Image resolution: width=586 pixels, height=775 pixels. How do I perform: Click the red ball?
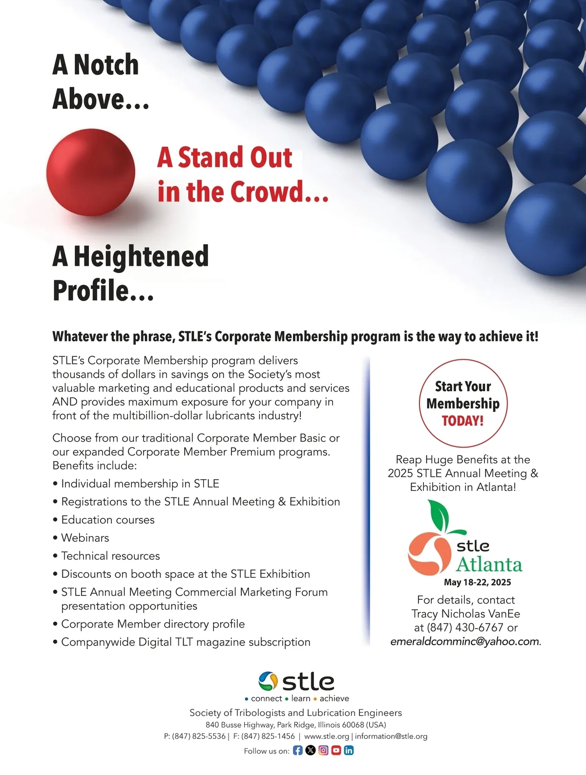pos(91,172)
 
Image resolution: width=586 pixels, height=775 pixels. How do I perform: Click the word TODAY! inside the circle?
pos(462,421)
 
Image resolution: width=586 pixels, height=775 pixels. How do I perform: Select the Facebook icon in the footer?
pos(297,750)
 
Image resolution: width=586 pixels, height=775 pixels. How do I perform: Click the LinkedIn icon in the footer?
pos(349,750)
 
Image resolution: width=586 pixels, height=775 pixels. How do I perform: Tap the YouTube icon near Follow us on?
pos(336,750)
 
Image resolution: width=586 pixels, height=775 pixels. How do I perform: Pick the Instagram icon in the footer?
pos(323,750)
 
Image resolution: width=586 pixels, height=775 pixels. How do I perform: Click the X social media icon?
pos(310,750)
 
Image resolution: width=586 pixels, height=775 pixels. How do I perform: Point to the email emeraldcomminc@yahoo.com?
pos(464,641)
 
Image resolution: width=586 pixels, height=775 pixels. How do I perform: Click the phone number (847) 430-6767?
pos(465,628)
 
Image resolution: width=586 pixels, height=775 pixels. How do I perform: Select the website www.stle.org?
pos(326,736)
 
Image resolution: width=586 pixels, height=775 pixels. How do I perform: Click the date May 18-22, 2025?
pos(477,582)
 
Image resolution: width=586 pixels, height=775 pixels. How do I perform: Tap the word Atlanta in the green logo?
pos(489,565)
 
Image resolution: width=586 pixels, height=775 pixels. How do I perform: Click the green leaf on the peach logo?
pos(439,516)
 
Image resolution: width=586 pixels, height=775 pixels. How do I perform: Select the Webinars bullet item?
pos(85,538)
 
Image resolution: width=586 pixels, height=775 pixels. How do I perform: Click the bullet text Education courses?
pos(107,520)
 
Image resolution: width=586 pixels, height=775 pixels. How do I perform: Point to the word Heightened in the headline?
pos(141,256)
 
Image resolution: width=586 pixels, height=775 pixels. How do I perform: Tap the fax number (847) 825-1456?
pos(268,736)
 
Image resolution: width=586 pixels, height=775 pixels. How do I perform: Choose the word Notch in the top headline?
pos(106,65)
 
